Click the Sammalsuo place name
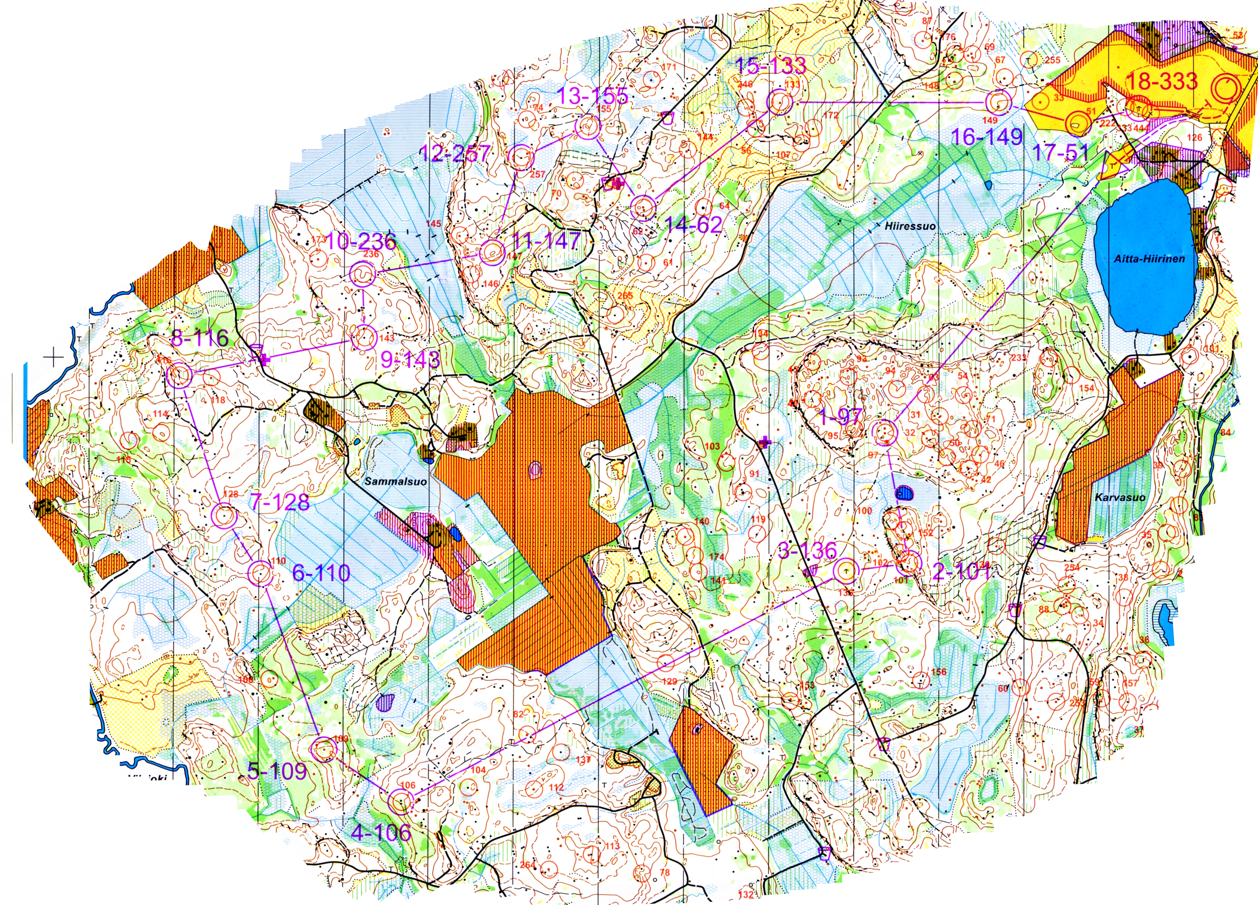click(396, 481)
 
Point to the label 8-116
click(200, 337)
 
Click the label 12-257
click(455, 153)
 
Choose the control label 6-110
click(321, 572)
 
